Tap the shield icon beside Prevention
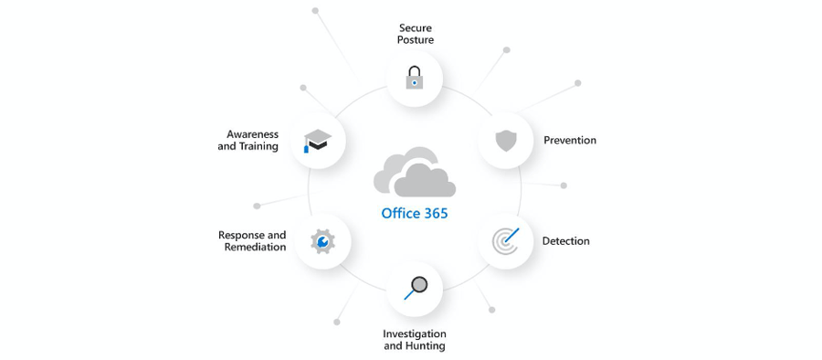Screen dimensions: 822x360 506,141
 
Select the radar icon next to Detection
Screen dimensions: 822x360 506,240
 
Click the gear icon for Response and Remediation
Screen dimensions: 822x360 322,241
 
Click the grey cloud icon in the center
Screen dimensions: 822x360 415,173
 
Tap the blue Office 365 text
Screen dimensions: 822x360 415,214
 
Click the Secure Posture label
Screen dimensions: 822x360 415,34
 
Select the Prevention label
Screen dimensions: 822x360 570,141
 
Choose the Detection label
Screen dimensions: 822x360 566,241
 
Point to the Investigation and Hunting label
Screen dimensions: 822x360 415,340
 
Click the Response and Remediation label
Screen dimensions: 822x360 253,241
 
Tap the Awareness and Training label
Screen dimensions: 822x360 248,141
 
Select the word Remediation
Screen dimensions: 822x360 255,248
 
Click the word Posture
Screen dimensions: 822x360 416,40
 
